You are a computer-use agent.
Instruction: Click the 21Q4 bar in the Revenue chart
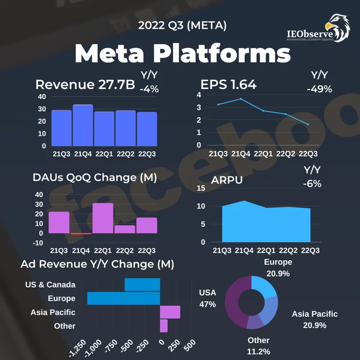click(83, 125)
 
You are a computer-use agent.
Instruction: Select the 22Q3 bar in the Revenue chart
click(147, 129)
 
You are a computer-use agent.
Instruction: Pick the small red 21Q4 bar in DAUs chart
click(81, 234)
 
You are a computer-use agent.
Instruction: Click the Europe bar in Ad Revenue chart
click(124, 298)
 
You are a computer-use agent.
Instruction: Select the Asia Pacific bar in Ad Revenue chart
click(170, 312)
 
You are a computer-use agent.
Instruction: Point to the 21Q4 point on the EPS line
click(240, 99)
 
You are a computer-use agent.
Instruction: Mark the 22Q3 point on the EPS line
click(308, 125)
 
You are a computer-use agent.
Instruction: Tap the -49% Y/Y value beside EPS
click(319, 89)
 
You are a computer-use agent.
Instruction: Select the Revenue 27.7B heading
click(85, 85)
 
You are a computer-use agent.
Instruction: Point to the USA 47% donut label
click(208, 298)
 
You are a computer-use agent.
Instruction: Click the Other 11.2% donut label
click(258, 345)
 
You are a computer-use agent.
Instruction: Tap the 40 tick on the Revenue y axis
click(42, 96)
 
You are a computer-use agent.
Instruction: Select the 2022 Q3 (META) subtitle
click(182, 26)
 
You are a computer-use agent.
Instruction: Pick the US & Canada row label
click(50, 285)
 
